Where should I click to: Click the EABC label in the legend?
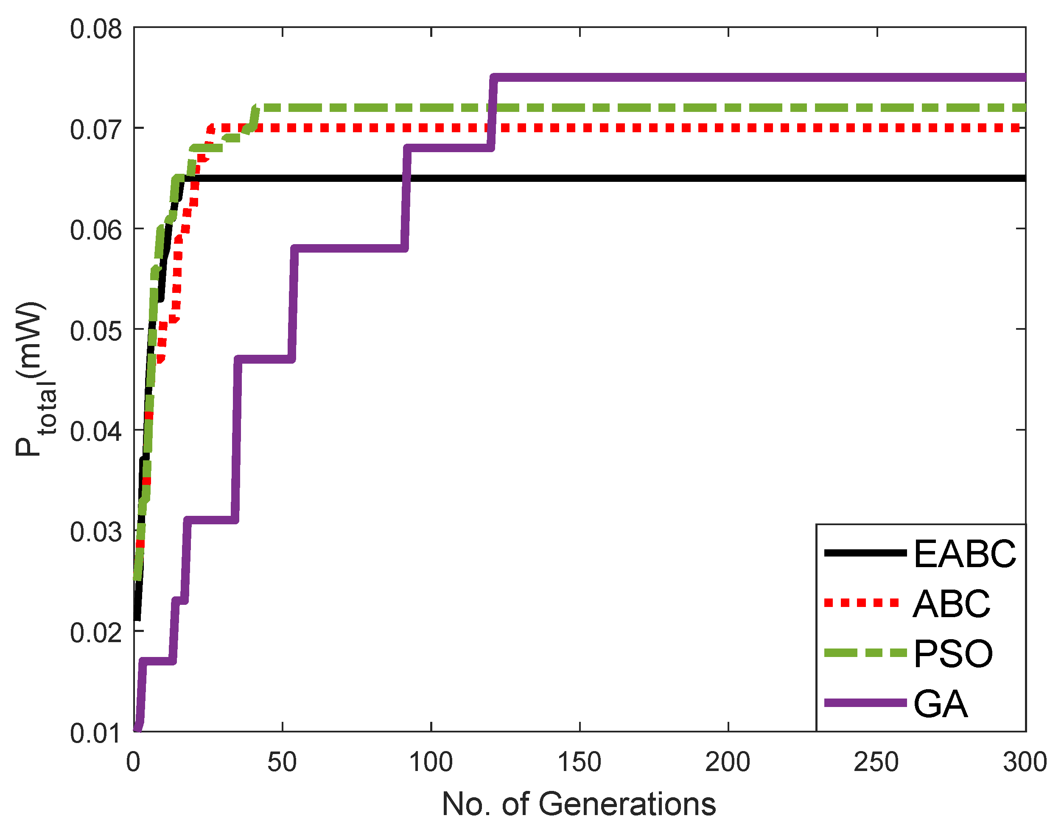coord(964,554)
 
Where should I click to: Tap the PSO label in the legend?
coord(953,654)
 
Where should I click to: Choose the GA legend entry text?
coord(940,704)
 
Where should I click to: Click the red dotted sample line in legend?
coord(862,603)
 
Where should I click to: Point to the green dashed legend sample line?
coord(865,653)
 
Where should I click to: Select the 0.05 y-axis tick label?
coord(95,331)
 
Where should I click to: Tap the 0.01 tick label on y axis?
coord(95,733)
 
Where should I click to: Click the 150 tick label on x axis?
coord(579,762)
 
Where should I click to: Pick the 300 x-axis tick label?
coord(1025,762)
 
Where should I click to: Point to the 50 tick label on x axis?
coord(282,762)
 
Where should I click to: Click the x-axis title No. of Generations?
coord(579,804)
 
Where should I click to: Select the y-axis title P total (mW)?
coord(34,379)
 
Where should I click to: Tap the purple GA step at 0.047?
coord(265,359)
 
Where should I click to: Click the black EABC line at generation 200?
coord(728,178)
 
